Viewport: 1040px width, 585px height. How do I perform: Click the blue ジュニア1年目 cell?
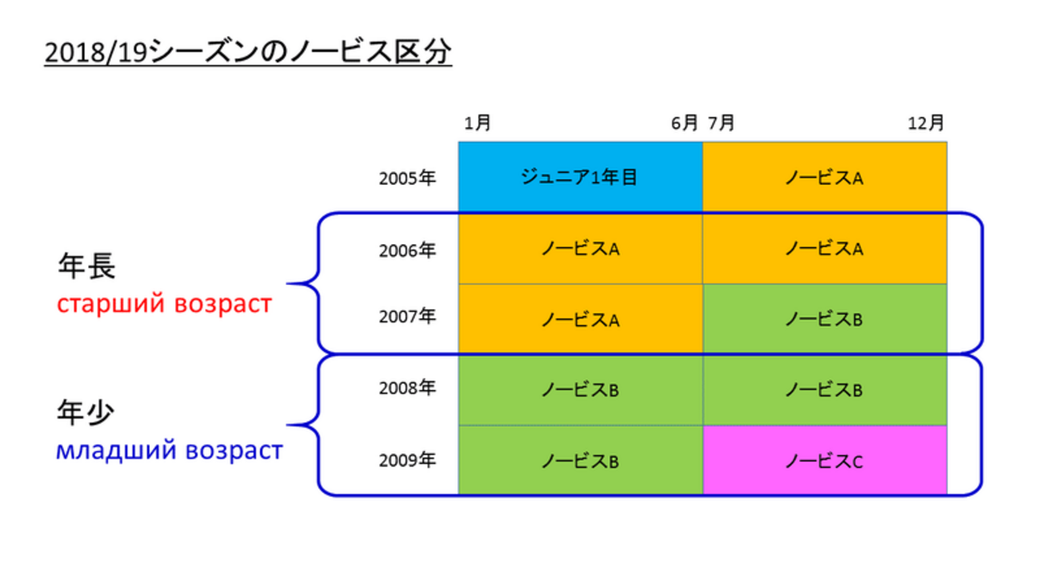pyautogui.click(x=580, y=177)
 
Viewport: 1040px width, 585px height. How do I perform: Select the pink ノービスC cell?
pyautogui.click(x=825, y=460)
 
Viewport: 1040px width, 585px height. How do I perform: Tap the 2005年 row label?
pyautogui.click(x=407, y=178)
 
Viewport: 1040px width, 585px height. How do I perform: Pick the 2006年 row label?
pyautogui.click(x=407, y=250)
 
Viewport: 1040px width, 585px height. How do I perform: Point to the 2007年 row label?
pyautogui.click(x=407, y=317)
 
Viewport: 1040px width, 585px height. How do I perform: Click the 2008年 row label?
pyautogui.click(x=407, y=387)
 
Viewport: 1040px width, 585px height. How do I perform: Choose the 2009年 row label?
pyautogui.click(x=407, y=460)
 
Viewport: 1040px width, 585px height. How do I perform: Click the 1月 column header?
pyautogui.click(x=478, y=123)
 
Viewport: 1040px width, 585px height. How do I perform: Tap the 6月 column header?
pyautogui.click(x=684, y=123)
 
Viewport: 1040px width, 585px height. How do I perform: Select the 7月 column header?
pyautogui.click(x=721, y=123)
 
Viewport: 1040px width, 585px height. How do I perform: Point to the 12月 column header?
pyautogui.click(x=926, y=123)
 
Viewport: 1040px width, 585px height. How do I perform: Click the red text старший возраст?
pyautogui.click(x=164, y=304)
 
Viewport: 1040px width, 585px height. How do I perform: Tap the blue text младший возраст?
pyautogui.click(x=170, y=451)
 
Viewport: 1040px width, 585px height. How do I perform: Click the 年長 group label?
pyautogui.click(x=86, y=266)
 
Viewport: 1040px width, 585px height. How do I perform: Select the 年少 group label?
pyautogui.click(x=86, y=412)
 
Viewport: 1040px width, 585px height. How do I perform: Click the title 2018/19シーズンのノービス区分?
pyautogui.click(x=248, y=51)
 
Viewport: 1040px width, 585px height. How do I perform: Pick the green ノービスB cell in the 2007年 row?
pyautogui.click(x=825, y=319)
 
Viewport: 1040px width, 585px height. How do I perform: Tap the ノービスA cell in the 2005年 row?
pyautogui.click(x=825, y=177)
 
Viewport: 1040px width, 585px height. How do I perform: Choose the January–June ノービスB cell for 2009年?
pyautogui.click(x=580, y=460)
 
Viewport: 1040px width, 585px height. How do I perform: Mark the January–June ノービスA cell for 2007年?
pyautogui.click(x=580, y=319)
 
